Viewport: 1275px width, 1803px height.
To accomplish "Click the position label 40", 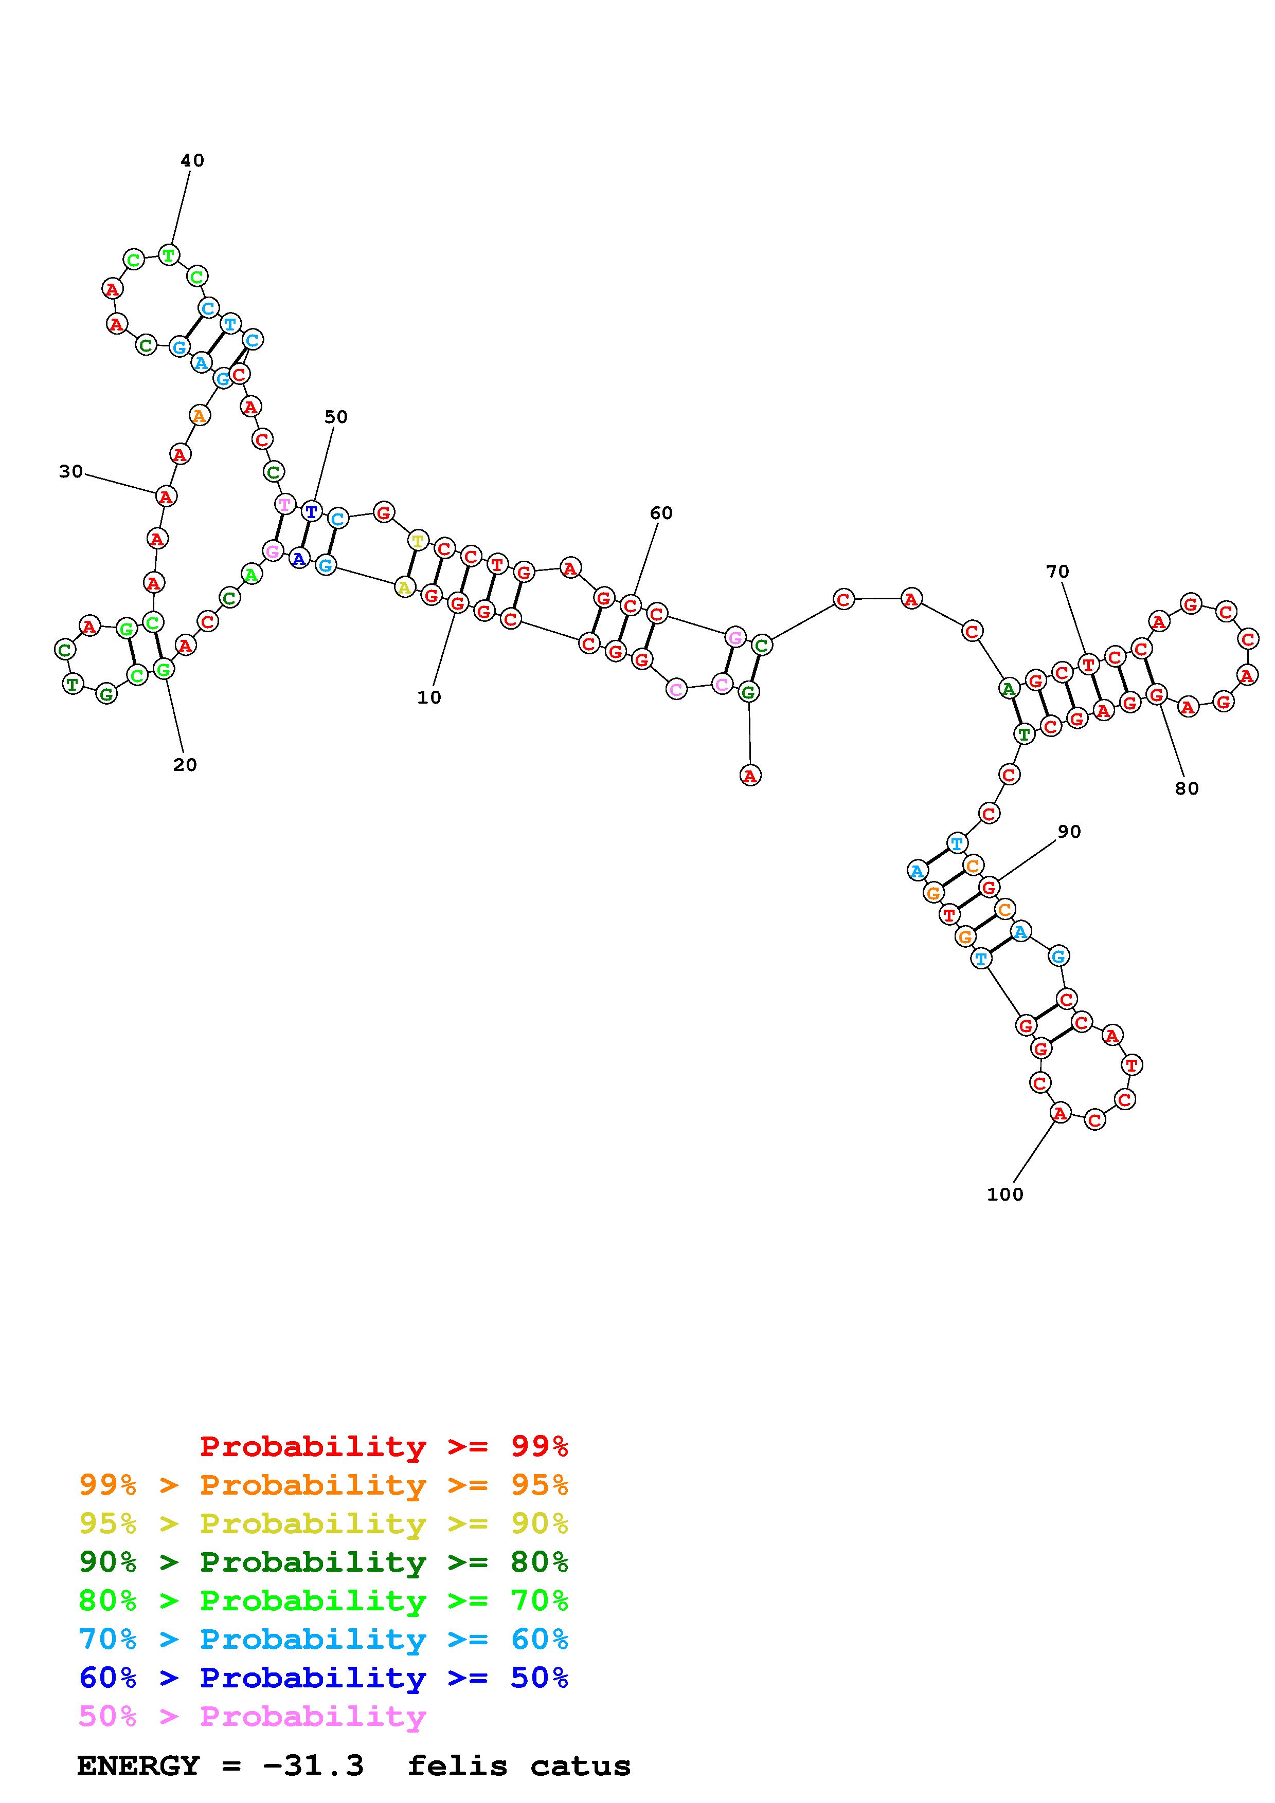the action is (192, 161).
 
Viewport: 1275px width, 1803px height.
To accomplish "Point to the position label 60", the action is (661, 513).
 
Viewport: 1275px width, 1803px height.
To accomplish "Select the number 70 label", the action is (1057, 572).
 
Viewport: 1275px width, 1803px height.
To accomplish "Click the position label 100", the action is (1005, 1194).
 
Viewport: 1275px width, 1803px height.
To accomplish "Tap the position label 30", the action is (70, 471).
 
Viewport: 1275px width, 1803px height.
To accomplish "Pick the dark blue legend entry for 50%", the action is (324, 1678).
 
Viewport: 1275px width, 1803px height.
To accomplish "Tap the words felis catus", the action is (519, 1766).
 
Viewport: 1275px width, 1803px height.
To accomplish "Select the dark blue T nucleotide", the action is (312, 512).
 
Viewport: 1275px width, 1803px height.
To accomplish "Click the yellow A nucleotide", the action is (404, 586).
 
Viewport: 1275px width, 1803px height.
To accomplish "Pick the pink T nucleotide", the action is (284, 503).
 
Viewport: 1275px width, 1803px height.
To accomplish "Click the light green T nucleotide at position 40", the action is (169, 254).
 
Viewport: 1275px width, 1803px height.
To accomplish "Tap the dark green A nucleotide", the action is (1009, 689).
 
